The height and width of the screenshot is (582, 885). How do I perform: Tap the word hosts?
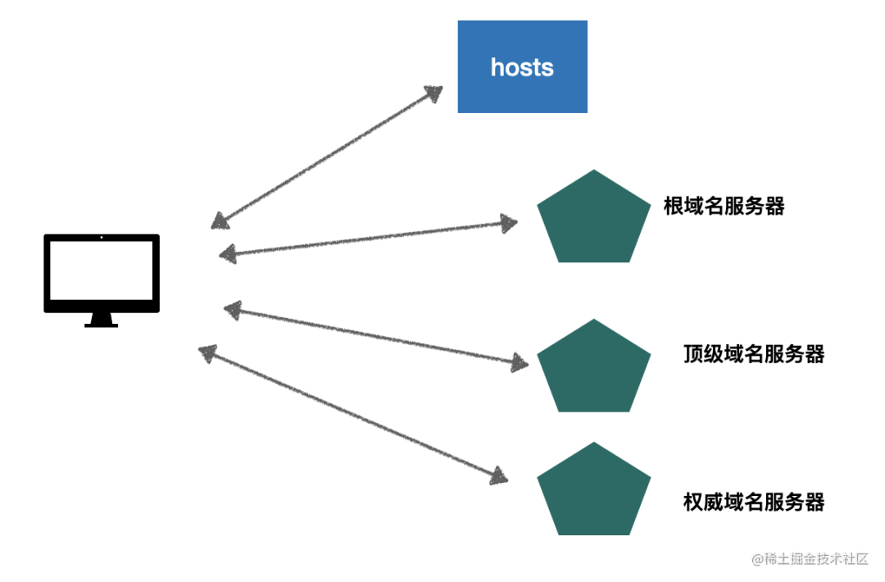pyautogui.click(x=522, y=67)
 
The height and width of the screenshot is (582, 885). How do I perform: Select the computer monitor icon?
pyautogui.click(x=102, y=274)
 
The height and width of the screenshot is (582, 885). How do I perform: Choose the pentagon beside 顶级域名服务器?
pyautogui.click(x=593, y=370)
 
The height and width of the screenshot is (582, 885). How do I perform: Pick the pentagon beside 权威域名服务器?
pyautogui.click(x=593, y=492)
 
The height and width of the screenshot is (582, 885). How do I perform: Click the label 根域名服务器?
pyautogui.click(x=724, y=207)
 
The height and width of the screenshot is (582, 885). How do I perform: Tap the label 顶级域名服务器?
pyautogui.click(x=753, y=354)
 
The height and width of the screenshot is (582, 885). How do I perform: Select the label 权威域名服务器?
pyautogui.click(x=753, y=502)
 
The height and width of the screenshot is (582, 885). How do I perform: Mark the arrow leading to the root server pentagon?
pyautogui.click(x=369, y=239)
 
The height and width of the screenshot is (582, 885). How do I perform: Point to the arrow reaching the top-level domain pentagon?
pyautogui.click(x=377, y=335)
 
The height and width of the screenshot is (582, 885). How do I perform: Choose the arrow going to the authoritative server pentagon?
pyautogui.click(x=352, y=414)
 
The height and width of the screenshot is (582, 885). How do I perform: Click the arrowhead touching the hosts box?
pyautogui.click(x=433, y=92)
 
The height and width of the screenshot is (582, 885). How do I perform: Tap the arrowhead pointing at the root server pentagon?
pyautogui.click(x=509, y=222)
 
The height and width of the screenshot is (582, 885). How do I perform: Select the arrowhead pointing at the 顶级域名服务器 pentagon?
pyautogui.click(x=520, y=362)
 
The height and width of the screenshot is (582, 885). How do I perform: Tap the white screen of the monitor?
pyautogui.click(x=102, y=271)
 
